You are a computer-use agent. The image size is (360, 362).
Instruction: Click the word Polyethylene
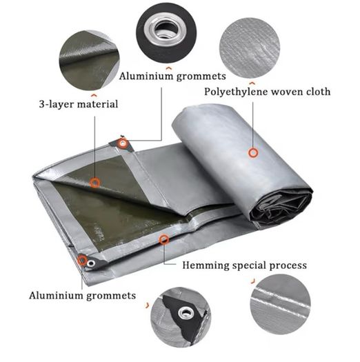coord(236,92)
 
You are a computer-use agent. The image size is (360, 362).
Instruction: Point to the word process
coord(288,266)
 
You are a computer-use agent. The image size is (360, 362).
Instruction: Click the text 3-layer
coord(57,104)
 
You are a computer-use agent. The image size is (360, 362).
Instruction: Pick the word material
coord(97,103)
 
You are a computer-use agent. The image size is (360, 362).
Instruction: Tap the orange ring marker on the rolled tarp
coord(253,153)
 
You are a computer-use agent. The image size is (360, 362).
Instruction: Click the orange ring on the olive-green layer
coord(94,183)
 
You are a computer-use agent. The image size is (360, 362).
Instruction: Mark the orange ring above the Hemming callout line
coord(164,240)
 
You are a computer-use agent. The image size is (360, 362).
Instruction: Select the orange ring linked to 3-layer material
coord(94,183)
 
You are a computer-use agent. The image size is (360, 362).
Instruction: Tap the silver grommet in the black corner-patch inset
coord(185,313)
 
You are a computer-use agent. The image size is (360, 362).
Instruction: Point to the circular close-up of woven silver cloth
coord(250,48)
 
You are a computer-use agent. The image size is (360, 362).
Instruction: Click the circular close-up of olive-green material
coord(89,61)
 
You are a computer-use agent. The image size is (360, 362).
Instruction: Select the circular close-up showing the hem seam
coord(280,304)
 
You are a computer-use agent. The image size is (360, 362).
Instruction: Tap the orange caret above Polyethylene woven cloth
coord(252,83)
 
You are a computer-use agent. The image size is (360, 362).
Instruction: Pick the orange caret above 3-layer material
coord(93,95)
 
